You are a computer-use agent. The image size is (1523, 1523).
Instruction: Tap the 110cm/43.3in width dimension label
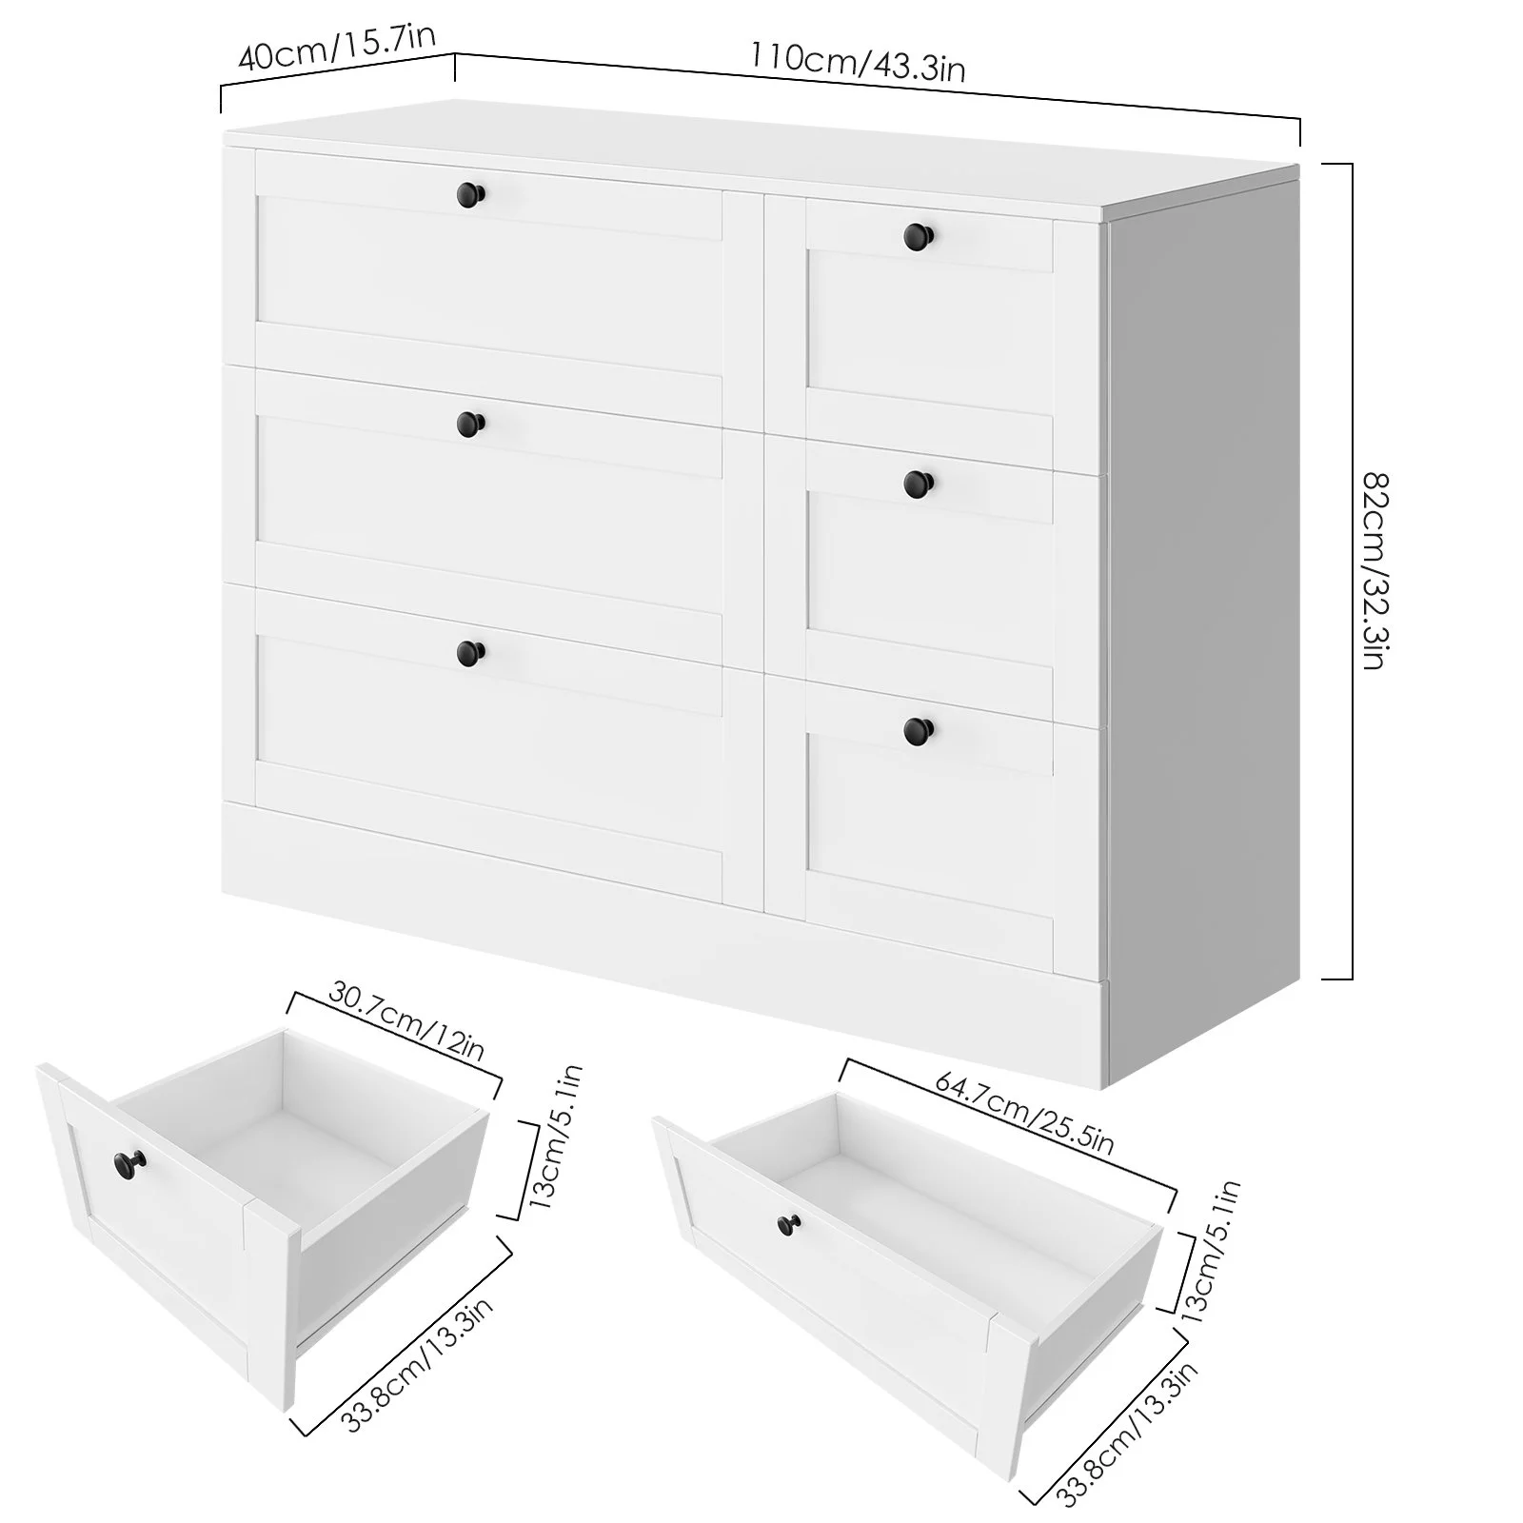pyautogui.click(x=857, y=61)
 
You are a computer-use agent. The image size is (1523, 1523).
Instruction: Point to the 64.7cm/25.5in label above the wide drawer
pyautogui.click(x=1023, y=1112)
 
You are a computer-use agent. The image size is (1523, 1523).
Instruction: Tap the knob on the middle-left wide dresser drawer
pyautogui.click(x=469, y=423)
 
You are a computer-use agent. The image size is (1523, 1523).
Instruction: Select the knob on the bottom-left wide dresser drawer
pyautogui.click(x=469, y=652)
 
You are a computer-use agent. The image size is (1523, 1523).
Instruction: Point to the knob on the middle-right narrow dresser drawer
pyautogui.click(x=919, y=483)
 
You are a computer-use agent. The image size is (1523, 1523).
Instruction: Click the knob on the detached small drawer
pyautogui.click(x=127, y=1162)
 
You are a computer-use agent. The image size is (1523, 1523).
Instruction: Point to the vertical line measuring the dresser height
pyautogui.click(x=1351, y=571)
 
